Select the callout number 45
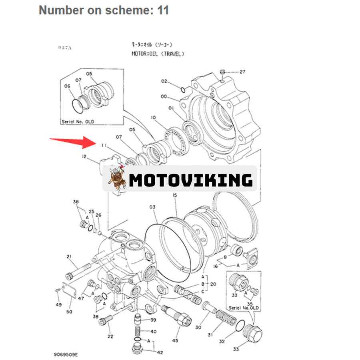175,340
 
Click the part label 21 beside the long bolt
69,256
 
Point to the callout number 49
58,304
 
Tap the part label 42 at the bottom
160,352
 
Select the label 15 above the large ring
174,196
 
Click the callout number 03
152,207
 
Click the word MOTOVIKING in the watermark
191,180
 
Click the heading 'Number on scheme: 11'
104,10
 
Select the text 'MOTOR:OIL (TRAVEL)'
158,54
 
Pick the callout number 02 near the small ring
164,82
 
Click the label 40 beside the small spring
154,332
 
